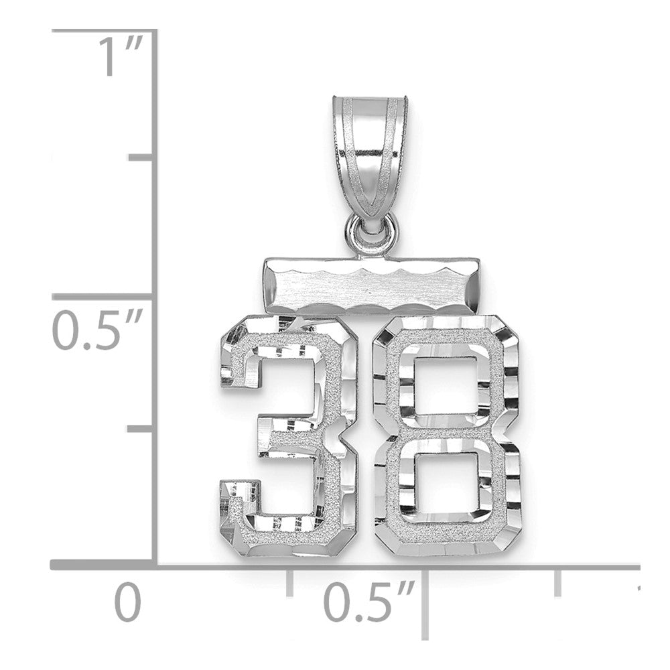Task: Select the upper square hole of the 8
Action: point(442,385)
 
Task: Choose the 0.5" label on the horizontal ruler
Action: point(369,602)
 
